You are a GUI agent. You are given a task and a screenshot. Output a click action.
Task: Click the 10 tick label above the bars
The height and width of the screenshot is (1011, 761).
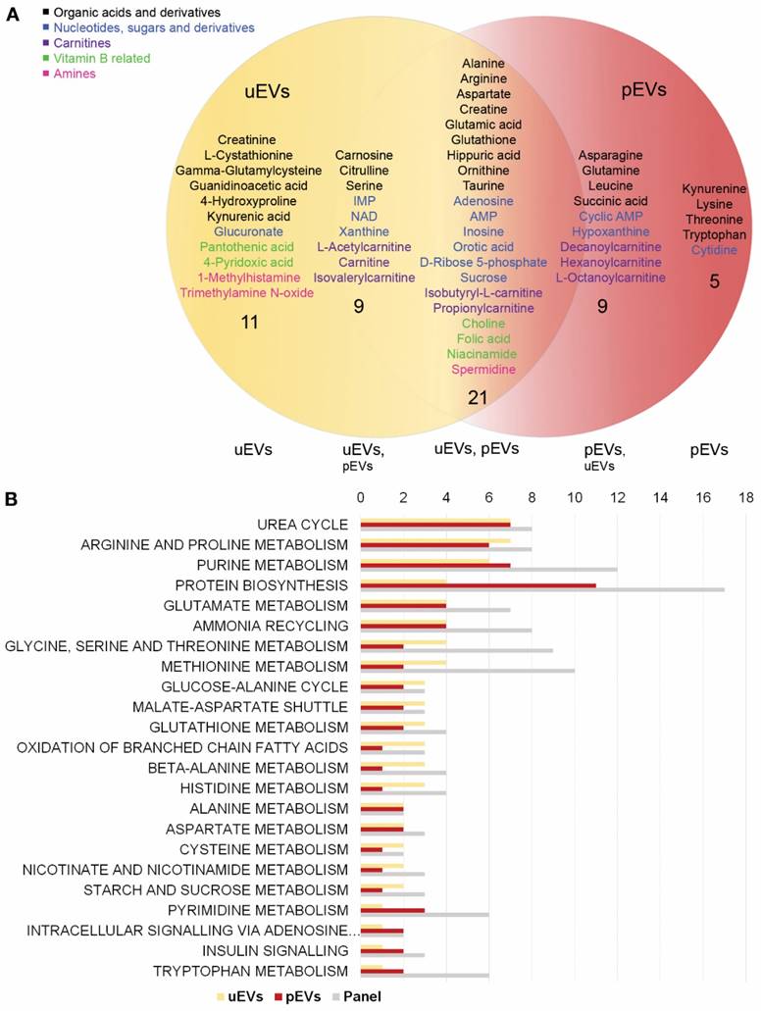coord(575,498)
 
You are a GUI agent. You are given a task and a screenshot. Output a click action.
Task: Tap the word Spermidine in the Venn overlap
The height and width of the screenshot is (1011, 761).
coord(483,370)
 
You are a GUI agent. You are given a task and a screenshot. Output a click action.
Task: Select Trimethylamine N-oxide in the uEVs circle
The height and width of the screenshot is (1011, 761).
coord(246,292)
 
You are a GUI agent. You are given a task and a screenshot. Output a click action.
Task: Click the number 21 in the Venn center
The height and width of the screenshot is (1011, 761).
coord(479,397)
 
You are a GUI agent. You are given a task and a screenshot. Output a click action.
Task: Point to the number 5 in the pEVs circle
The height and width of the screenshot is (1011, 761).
coord(714,281)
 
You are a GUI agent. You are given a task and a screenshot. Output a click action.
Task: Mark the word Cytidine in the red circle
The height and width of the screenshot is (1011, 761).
coord(715,250)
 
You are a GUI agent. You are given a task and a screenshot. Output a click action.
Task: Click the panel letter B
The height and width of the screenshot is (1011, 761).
coord(11,499)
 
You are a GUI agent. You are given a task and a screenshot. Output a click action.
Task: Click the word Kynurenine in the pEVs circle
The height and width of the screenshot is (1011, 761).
coord(715,188)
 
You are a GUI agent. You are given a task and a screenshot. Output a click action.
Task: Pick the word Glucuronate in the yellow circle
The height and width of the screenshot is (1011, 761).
coord(248,231)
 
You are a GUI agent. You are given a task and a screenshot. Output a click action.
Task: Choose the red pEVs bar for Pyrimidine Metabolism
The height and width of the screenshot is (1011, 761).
coord(392,909)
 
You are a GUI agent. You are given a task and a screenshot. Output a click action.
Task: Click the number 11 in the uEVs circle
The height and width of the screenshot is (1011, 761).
coord(249,322)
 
